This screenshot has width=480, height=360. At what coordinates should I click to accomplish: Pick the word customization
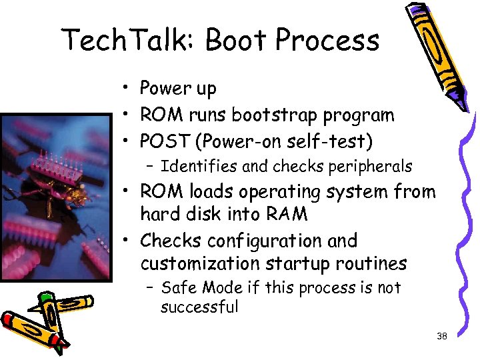click(x=200, y=263)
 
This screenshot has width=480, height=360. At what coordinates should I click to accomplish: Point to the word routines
click(x=371, y=263)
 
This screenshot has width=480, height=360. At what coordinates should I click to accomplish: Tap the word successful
click(x=199, y=307)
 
